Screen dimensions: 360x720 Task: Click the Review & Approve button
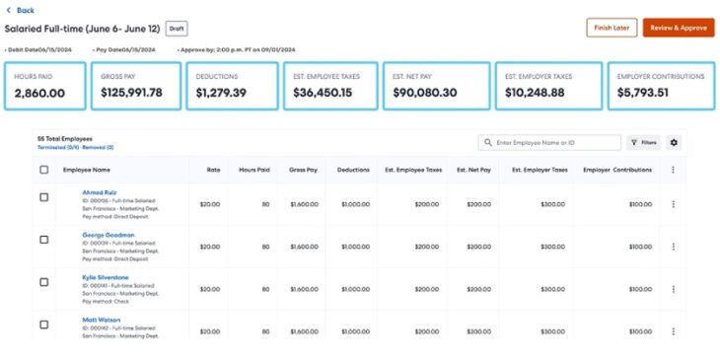coord(679,28)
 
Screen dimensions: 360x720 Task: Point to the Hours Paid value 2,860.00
coord(40,93)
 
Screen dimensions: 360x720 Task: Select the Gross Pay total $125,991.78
coord(131,93)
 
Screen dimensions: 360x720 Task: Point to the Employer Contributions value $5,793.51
coord(643,93)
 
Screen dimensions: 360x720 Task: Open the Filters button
coord(644,143)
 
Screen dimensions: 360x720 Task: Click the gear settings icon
coord(674,143)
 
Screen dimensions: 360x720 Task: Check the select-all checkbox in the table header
coord(43,170)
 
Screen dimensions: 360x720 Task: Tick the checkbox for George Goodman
coord(43,240)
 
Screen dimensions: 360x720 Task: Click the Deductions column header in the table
coord(353,170)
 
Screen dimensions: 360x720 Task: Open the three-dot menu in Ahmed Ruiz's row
coord(674,204)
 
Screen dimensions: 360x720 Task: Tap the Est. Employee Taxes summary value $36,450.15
coord(330,93)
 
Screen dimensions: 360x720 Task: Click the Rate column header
coord(212,170)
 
